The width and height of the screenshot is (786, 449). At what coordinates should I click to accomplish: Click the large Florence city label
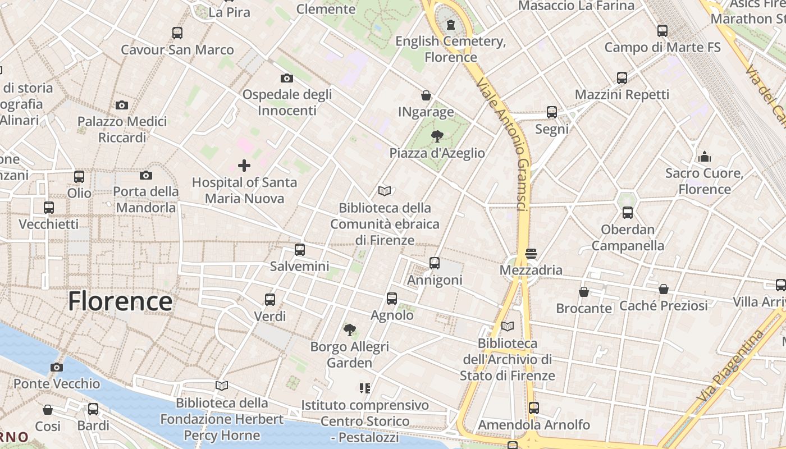[120, 301]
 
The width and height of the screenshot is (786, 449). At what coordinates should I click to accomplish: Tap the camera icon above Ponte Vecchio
[57, 368]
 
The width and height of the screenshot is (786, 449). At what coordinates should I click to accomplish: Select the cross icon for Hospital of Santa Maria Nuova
[244, 166]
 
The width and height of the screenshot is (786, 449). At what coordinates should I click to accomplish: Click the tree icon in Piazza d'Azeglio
[437, 136]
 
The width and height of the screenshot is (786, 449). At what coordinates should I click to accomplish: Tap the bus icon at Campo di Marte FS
[662, 31]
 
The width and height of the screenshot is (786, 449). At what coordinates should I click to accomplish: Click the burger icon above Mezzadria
[531, 254]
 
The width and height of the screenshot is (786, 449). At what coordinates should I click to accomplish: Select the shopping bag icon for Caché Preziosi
[664, 289]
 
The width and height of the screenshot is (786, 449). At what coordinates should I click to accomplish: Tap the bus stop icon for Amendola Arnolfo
[533, 408]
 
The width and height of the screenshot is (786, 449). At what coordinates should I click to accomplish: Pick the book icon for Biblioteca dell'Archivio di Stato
[508, 326]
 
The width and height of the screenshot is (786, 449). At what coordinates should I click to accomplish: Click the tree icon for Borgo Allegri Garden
[350, 329]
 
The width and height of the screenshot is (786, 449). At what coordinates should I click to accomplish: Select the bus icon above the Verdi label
[270, 300]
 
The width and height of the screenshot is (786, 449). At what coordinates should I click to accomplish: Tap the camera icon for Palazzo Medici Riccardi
[122, 105]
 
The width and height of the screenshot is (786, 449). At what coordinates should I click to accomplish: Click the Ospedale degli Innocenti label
[287, 102]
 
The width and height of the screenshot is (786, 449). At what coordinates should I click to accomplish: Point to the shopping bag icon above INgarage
[426, 95]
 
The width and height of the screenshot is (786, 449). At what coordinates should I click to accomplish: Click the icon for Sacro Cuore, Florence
[705, 157]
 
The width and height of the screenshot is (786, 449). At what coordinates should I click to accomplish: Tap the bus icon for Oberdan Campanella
[628, 213]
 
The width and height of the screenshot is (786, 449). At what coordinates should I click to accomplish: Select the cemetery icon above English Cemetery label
[451, 25]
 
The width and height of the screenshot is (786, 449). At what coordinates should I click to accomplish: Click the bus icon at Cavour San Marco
[177, 33]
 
